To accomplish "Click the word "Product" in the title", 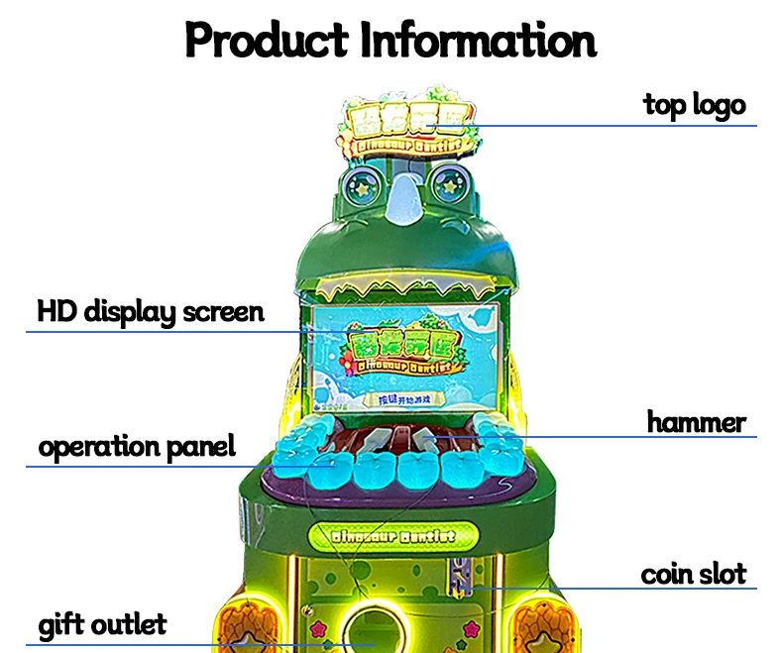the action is [x=266, y=41].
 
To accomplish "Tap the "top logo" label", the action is [x=694, y=103].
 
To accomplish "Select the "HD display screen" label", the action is [x=151, y=311].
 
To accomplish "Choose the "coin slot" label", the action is [x=693, y=573].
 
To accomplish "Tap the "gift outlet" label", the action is [x=102, y=625].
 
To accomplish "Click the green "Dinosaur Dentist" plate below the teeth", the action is [x=393, y=535].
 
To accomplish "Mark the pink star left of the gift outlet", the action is [x=321, y=629].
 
